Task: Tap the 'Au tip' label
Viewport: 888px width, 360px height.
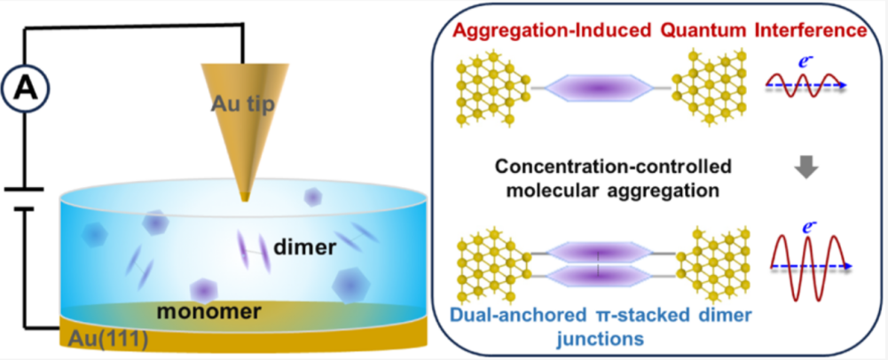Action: coord(244,104)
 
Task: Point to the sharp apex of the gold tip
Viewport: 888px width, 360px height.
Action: coord(244,200)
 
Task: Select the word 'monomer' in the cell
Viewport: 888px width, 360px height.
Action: coord(209,311)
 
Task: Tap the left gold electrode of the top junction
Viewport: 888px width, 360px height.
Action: coord(493,88)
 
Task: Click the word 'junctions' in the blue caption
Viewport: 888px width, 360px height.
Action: coord(601,340)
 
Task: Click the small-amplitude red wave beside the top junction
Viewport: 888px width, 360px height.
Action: coord(805,85)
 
